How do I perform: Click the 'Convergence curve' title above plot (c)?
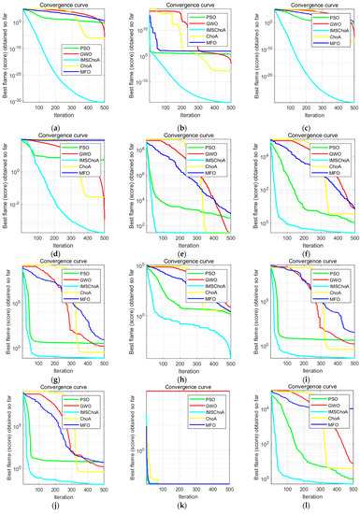click(300, 4)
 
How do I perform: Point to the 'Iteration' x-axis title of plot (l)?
click(300, 496)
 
